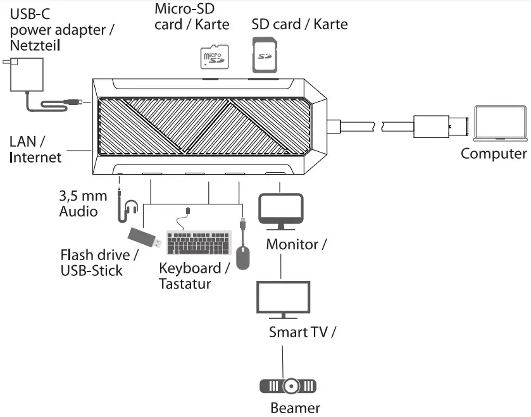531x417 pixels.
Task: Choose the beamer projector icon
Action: click(x=288, y=385)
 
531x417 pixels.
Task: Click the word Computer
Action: click(x=493, y=154)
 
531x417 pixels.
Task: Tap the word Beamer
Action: click(x=295, y=408)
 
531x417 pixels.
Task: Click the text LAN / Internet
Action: click(x=35, y=149)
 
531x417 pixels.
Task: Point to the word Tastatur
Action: click(x=185, y=283)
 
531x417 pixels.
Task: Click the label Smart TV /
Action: click(x=302, y=332)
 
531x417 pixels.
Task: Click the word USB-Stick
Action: click(x=92, y=271)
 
